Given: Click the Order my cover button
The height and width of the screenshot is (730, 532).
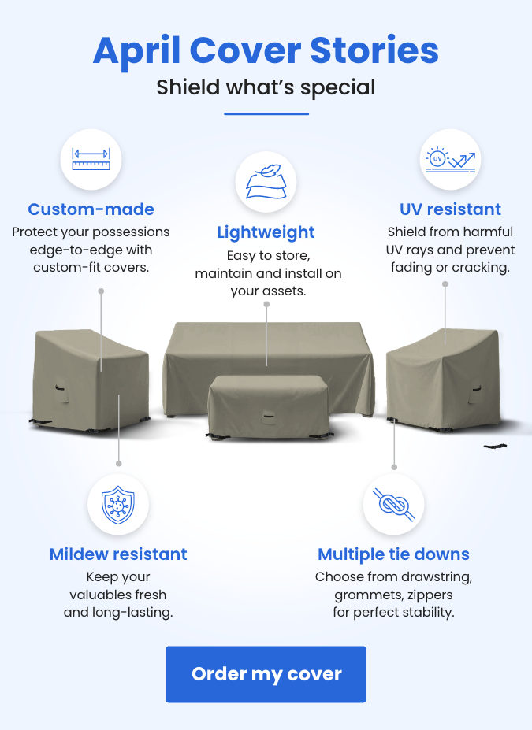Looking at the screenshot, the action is [x=266, y=673].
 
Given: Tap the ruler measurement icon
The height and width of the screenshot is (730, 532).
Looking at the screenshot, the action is [x=91, y=159].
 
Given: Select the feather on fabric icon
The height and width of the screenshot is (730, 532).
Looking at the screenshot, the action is [x=266, y=182].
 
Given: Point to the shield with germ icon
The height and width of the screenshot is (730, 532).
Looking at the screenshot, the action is [x=118, y=505].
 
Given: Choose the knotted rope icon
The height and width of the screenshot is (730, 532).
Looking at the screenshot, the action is [x=393, y=505].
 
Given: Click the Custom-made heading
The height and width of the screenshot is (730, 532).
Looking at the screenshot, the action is [x=91, y=209].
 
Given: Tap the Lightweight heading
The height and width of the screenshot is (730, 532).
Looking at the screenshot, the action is [x=266, y=232].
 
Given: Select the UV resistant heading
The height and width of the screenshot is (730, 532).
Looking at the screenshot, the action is [x=451, y=209].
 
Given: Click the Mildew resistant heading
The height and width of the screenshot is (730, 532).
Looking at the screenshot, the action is [x=118, y=554].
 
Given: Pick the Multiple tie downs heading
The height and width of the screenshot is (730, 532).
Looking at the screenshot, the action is [x=393, y=554].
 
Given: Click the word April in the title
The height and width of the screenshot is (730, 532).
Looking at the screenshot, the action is [x=137, y=51].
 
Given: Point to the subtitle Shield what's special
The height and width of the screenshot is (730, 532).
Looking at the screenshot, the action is [x=266, y=88].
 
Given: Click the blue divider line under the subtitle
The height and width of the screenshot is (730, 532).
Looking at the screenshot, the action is [x=266, y=113].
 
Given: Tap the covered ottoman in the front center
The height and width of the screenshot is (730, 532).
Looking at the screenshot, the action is [x=268, y=406].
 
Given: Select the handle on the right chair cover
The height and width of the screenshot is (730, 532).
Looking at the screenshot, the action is [x=476, y=387].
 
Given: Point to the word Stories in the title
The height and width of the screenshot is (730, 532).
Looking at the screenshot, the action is [x=374, y=50].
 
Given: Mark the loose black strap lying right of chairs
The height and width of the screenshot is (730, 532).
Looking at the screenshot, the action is [x=495, y=446].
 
